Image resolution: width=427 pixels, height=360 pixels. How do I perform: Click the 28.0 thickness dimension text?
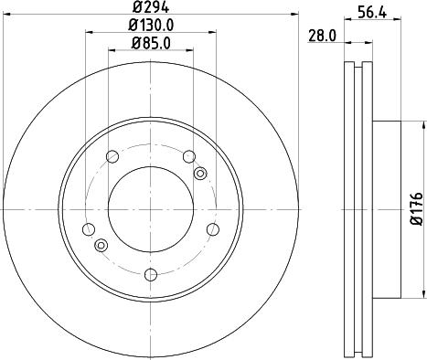322,36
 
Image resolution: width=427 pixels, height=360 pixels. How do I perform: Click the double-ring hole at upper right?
201,173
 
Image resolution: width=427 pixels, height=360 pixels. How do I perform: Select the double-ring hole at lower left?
101,244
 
